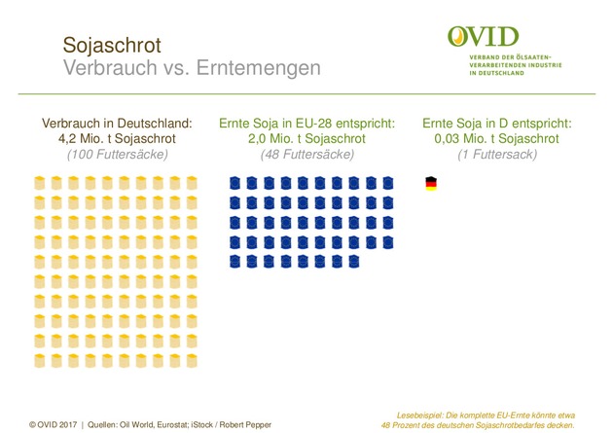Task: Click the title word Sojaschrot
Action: (112, 46)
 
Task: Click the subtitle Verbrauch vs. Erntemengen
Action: (191, 69)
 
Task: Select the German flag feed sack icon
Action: (431, 183)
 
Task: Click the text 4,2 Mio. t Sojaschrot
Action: (117, 138)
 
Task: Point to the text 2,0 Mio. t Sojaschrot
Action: (306, 138)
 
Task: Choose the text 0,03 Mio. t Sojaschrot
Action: (497, 138)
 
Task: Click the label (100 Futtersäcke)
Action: (117, 154)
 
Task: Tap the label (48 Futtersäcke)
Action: (306, 154)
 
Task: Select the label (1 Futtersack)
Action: (497, 154)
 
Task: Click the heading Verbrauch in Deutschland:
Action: (117, 124)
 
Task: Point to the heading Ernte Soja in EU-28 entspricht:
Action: (306, 124)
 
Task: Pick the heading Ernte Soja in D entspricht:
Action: (497, 124)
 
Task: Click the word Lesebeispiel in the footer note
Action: (427, 414)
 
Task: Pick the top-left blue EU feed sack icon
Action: (234, 183)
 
